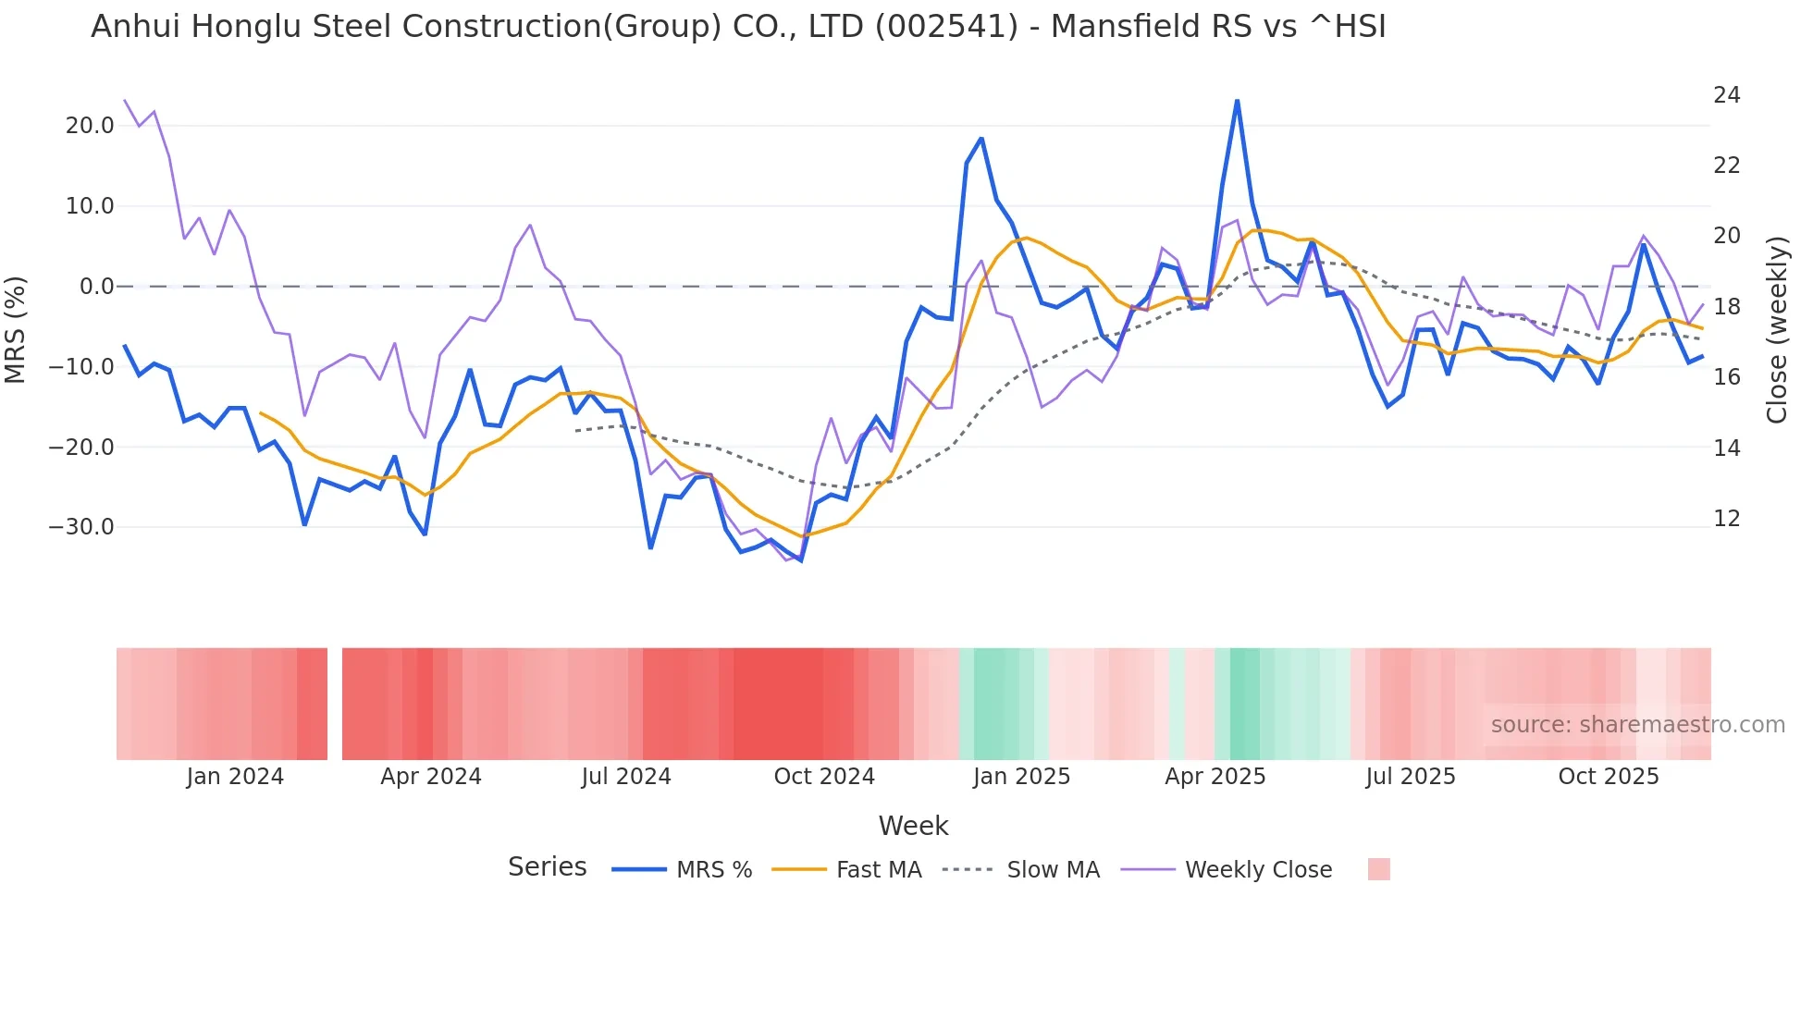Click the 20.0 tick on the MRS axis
click(89, 126)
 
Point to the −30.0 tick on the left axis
click(81, 527)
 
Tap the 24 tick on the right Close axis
click(1726, 95)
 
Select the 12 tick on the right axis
click(1726, 519)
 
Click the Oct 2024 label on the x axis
click(823, 777)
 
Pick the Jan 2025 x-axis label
click(1021, 777)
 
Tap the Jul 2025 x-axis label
click(1410, 777)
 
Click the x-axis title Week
click(913, 826)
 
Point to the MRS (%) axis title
click(16, 330)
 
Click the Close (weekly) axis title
click(1776, 330)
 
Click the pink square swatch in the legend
click(1378, 869)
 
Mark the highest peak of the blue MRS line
click(1237, 101)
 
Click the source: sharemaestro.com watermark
click(1637, 725)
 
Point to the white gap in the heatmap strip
click(335, 704)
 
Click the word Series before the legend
click(547, 867)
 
